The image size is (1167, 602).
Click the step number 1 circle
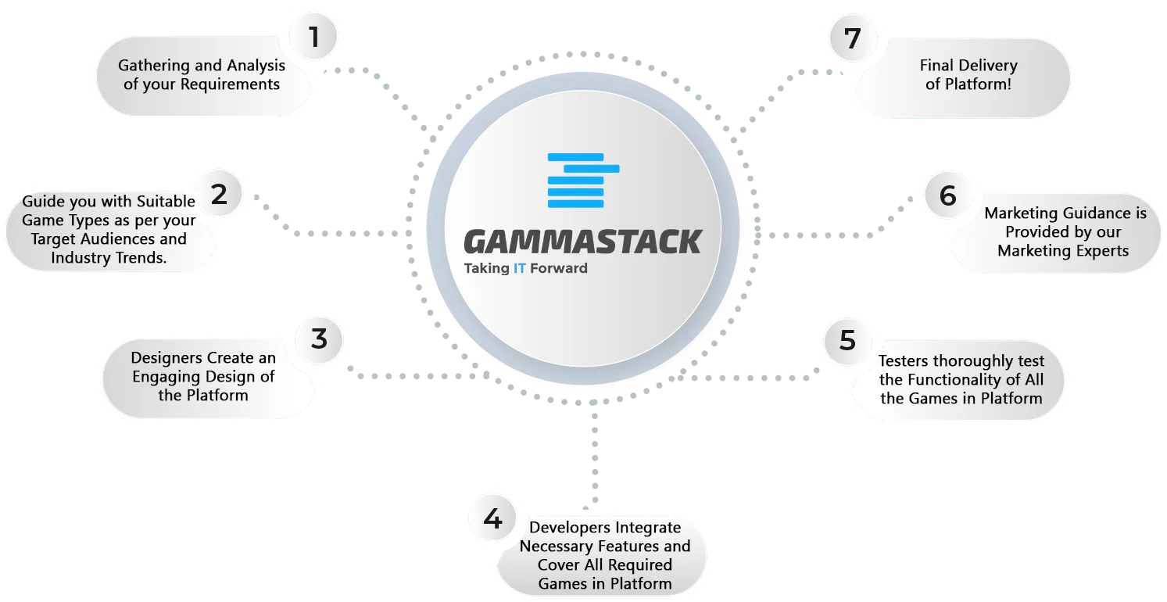pyautogui.click(x=313, y=37)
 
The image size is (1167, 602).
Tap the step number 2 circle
pyautogui.click(x=219, y=194)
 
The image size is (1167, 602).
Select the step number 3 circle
pyautogui.click(x=319, y=339)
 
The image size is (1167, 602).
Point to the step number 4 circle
pyautogui.click(x=492, y=518)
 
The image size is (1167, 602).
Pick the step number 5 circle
pyautogui.click(x=847, y=341)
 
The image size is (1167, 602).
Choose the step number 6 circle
pyautogui.click(x=947, y=195)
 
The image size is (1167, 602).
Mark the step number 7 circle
pyautogui.click(x=853, y=38)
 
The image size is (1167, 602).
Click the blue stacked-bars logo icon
pyautogui.click(x=583, y=181)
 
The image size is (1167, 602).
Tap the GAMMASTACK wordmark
pyautogui.click(x=582, y=242)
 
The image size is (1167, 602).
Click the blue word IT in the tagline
pyautogui.click(x=520, y=268)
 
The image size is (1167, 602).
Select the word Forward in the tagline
pyautogui.click(x=559, y=268)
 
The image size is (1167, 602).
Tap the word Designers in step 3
pyautogui.click(x=166, y=358)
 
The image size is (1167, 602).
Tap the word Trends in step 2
pyautogui.click(x=138, y=257)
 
